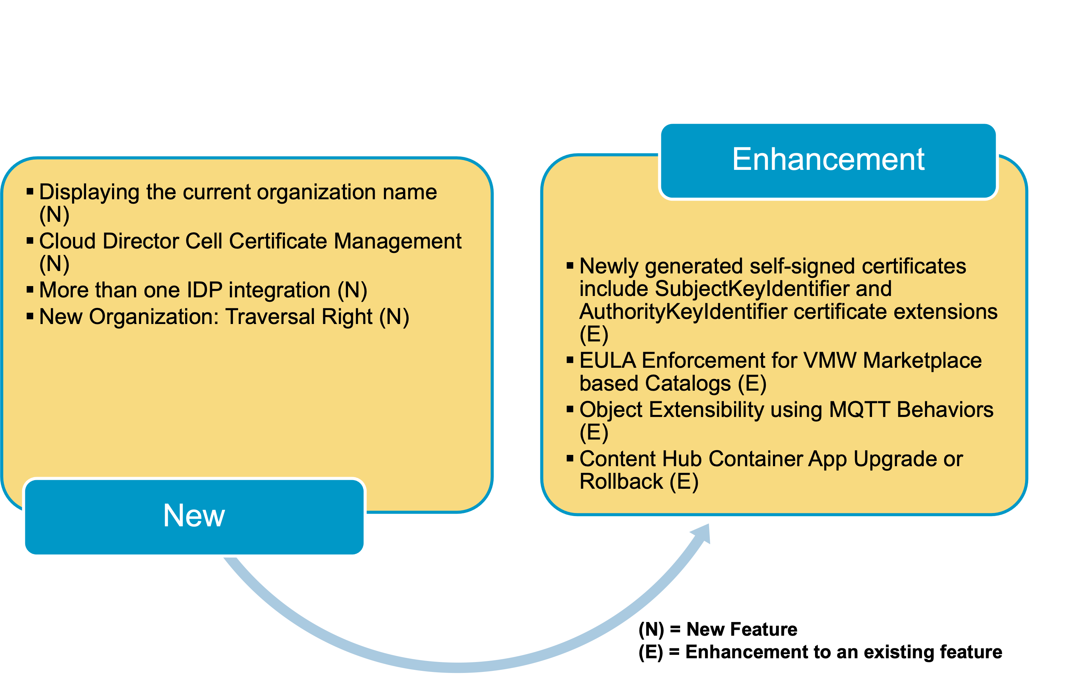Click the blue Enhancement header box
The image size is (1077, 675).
828,160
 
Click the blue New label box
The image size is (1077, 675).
194,516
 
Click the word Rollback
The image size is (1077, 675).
621,482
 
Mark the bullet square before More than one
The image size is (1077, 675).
30,290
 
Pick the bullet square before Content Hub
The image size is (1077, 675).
570,458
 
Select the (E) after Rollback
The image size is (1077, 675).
684,482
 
